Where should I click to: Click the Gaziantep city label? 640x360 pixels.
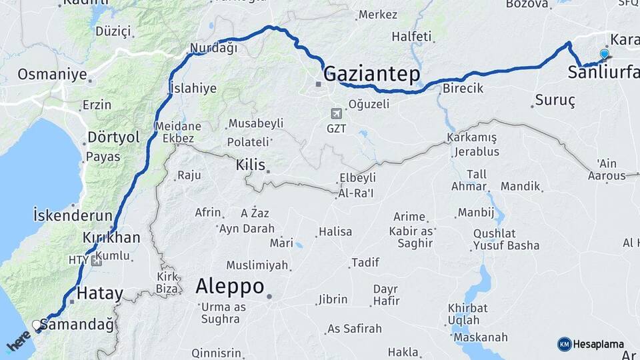tap(372, 73)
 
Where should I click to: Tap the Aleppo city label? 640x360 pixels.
tap(229, 287)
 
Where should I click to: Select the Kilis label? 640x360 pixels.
tap(251, 165)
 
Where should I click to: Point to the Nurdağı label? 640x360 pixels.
tap(213, 48)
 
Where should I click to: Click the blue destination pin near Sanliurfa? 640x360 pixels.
tap(604, 54)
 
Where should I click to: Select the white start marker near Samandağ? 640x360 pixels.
tap(37, 325)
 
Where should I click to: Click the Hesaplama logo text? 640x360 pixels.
tap(599, 344)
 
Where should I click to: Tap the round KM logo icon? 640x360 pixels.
tap(564, 344)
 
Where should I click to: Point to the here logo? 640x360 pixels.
tap(18, 343)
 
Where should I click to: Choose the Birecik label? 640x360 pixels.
tap(463, 89)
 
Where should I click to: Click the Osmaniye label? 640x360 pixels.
tap(52, 74)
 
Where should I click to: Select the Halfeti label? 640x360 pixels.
tap(411, 37)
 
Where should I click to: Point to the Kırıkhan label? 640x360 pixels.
tap(111, 238)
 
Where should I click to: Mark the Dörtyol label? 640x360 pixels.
tap(113, 138)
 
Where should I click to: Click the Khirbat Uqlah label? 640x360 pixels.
tap(467, 314)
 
